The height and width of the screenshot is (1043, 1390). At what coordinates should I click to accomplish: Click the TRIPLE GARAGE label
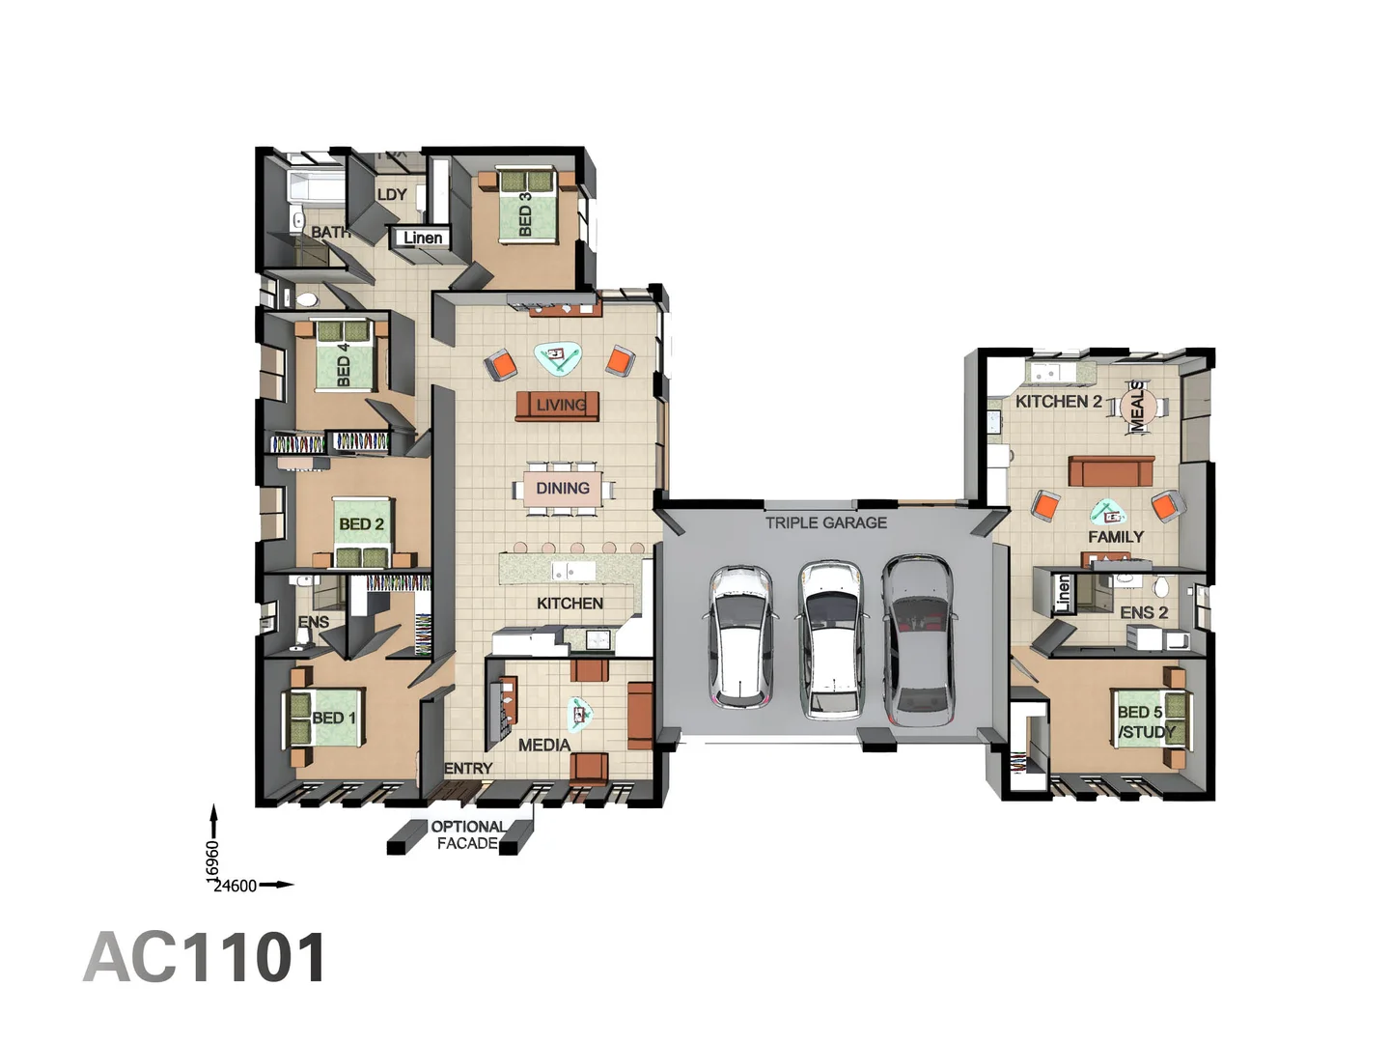pos(825,522)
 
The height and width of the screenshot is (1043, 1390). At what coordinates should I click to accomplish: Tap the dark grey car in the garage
pos(918,640)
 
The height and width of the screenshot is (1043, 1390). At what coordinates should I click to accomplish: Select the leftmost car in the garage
pos(741,636)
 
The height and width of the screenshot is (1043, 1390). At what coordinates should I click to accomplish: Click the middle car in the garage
pos(831,640)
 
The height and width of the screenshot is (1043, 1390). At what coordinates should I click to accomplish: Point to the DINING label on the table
pos(563,489)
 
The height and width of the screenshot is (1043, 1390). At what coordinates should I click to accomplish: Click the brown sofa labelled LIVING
pos(558,406)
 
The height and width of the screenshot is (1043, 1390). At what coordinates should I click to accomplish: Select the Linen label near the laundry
pos(423,238)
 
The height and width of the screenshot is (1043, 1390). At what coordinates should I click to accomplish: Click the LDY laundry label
pos(392,194)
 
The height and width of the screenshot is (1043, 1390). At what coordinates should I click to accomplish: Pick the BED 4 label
pos(343,364)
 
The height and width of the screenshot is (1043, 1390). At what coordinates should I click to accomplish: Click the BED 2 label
pos(361,524)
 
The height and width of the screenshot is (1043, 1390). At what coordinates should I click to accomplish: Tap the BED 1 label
pos(333,718)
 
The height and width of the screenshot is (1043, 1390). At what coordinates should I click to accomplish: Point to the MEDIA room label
pos(543,745)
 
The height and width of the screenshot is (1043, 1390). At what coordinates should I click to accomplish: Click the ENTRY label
pos(468,768)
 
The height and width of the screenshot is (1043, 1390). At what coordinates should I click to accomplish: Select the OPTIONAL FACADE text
pos(467,834)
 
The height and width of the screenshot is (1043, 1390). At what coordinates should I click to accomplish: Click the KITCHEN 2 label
pos(1058,401)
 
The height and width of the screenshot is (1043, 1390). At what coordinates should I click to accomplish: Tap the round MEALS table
pos(1137,405)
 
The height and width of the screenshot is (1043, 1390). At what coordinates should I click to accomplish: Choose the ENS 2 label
pos(1144,612)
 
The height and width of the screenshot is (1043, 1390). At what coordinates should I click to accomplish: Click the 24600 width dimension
pos(236,886)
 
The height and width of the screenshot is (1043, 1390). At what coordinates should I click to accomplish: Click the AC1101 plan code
pos(206,958)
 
